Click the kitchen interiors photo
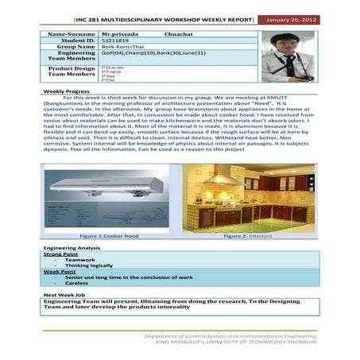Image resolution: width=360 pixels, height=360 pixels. coord(249,198)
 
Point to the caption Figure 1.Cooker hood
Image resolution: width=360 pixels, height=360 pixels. coord(109,236)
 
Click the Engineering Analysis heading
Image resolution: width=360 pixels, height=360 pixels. coord(72,249)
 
